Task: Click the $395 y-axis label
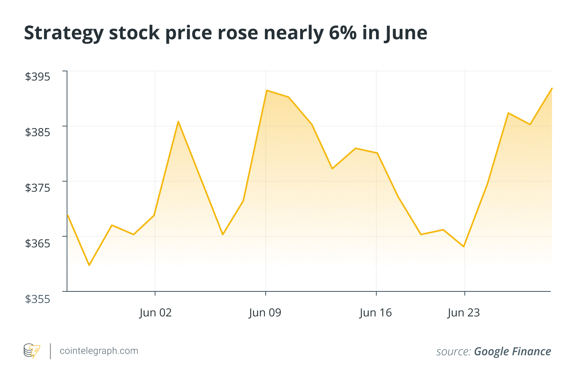38,77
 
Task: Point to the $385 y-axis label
38,132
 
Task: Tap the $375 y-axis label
38,188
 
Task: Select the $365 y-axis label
38,243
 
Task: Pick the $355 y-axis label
38,299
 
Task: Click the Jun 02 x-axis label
155,313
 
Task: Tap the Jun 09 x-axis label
265,313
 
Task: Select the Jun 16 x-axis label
376,313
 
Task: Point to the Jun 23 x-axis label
464,313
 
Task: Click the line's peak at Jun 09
266,90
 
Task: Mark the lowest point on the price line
89,265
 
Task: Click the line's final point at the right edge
552,88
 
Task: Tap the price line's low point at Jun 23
464,247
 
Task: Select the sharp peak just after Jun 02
178,121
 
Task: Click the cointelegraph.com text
99,351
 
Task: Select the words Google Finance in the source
512,352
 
